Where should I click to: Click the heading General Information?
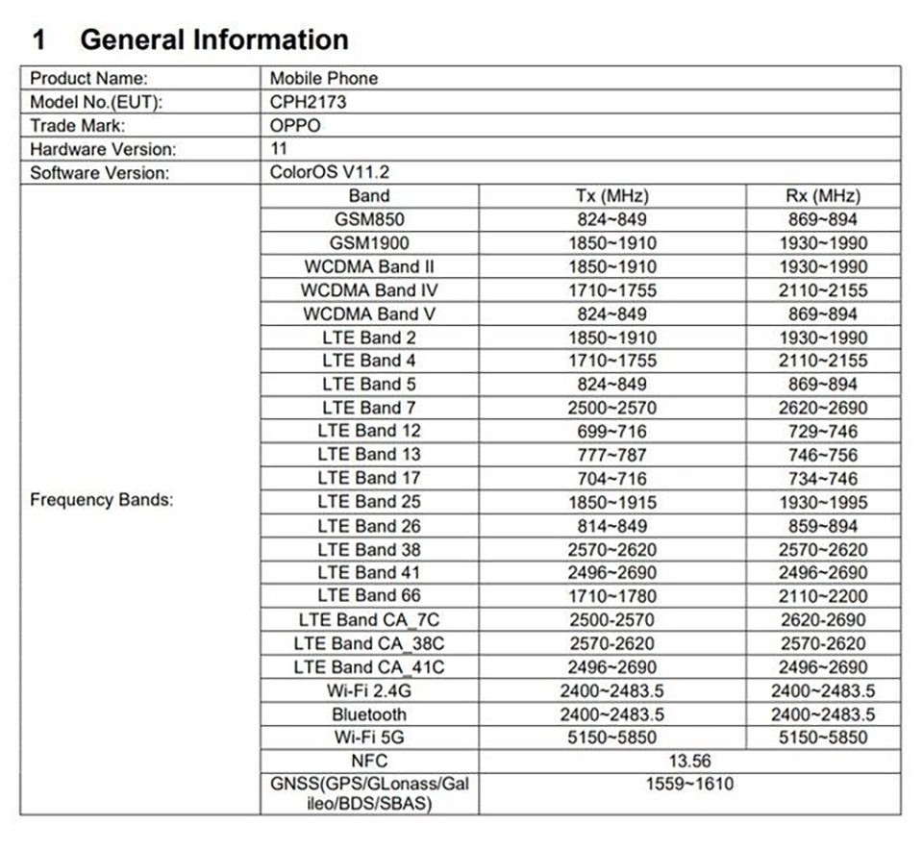click(213, 39)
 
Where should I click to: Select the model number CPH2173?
click(308, 102)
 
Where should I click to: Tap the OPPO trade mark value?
click(295, 125)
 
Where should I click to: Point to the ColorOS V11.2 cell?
click(330, 173)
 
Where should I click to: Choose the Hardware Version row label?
click(103, 149)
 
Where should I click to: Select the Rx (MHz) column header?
click(822, 196)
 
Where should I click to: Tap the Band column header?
click(369, 196)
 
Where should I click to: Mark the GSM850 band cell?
click(369, 219)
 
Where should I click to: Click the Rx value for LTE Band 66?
click(822, 596)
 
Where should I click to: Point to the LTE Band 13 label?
click(369, 455)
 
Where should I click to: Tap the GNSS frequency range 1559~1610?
click(688, 785)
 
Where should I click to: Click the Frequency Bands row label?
click(101, 501)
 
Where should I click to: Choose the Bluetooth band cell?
click(369, 714)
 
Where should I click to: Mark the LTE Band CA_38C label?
click(369, 643)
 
